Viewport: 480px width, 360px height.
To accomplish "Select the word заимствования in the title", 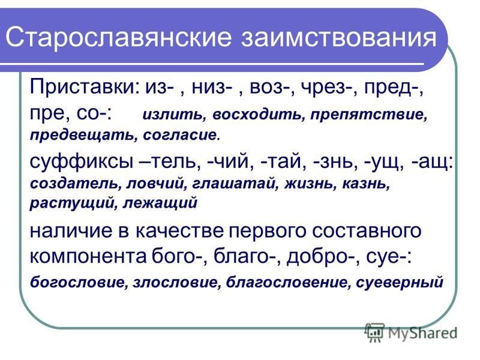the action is coord(339,37).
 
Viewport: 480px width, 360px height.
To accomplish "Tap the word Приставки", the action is coord(84,87).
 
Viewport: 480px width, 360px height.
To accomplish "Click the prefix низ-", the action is coord(211,88).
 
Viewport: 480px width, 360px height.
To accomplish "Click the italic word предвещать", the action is coord(83,135).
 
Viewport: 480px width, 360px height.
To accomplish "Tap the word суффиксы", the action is coord(82,162).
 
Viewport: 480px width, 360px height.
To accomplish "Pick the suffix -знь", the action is coord(336,161).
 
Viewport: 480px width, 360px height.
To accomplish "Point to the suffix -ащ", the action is coord(432,162).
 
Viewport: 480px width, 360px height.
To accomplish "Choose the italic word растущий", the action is coord(72,203).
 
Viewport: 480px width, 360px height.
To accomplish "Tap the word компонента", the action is coord(88,256).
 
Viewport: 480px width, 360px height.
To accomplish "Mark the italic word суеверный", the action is coord(400,282).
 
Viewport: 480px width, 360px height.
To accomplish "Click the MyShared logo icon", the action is coord(375,332).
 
